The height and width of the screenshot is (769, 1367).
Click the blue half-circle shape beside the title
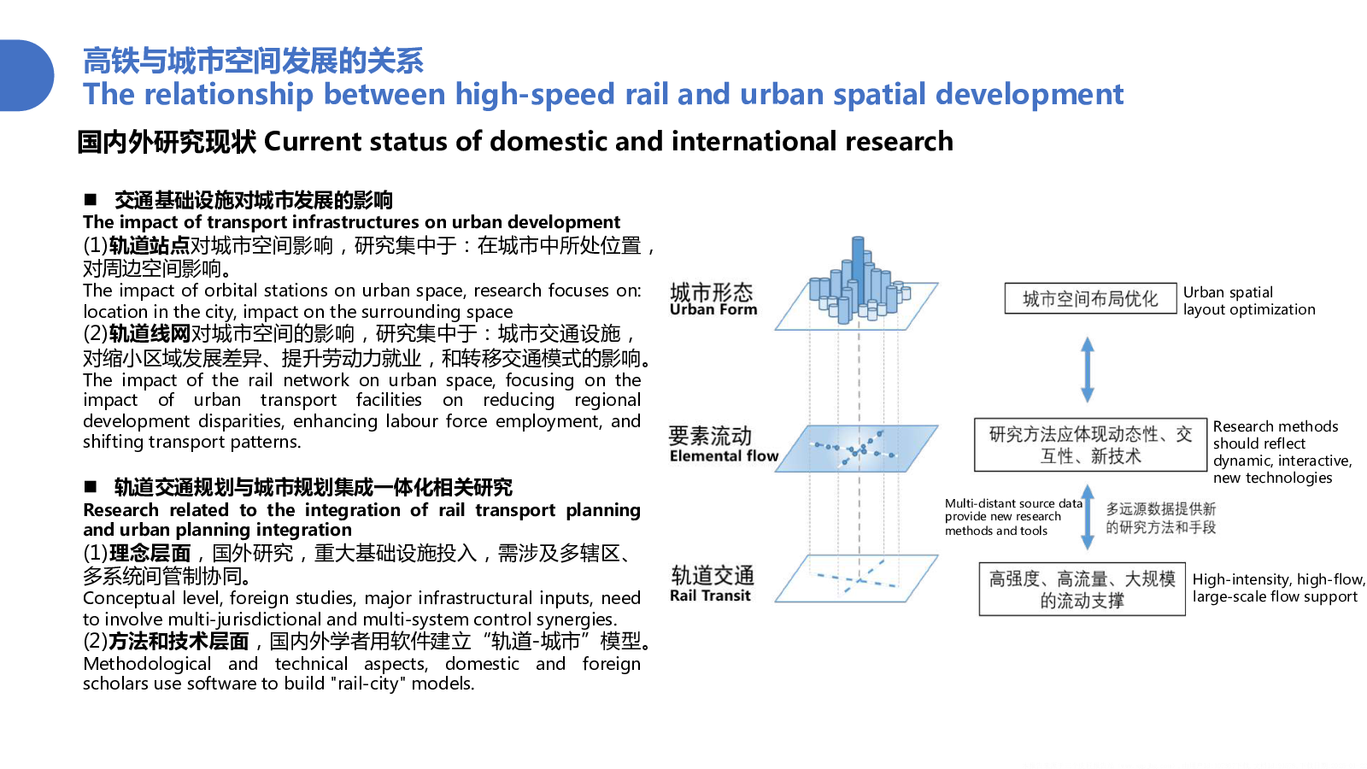[x=25, y=76]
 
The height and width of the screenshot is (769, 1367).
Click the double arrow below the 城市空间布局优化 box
[x=1088, y=369]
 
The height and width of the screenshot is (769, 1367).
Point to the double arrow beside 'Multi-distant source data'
[x=1088, y=517]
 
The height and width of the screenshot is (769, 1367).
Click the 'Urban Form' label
[x=713, y=310]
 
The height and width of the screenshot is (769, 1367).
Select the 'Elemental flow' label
[x=724, y=456]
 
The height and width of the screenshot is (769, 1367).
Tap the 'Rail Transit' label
[x=710, y=596]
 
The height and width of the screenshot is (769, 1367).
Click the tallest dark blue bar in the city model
[x=858, y=272]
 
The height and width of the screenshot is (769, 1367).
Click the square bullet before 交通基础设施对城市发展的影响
[x=91, y=200]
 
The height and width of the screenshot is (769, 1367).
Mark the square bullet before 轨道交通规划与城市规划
[x=91, y=486]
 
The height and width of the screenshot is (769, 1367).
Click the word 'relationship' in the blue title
[x=229, y=95]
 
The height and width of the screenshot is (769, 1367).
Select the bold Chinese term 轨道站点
[x=149, y=246]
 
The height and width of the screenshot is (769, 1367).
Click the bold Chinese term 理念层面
[x=150, y=554]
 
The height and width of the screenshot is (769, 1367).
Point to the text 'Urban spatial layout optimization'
[x=1249, y=301]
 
